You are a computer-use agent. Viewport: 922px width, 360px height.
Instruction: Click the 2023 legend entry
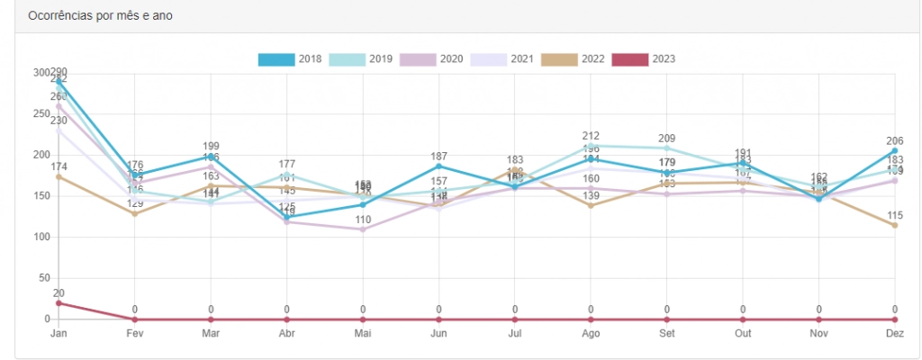click(644, 59)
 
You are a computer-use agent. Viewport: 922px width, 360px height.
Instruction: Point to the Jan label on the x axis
click(59, 333)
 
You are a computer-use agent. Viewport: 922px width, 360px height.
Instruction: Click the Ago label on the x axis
click(591, 333)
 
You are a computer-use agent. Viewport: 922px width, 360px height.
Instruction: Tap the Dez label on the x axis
click(894, 333)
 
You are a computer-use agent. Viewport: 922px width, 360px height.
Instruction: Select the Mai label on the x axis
click(363, 333)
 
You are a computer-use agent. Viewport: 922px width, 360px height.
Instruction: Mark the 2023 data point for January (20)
click(59, 303)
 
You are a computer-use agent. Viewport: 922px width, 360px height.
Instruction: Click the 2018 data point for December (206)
click(895, 151)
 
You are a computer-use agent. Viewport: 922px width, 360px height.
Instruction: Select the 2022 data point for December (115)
click(895, 225)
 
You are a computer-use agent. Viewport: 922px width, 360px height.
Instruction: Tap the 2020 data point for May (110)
click(363, 229)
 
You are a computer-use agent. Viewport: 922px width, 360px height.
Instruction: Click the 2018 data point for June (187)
click(438, 166)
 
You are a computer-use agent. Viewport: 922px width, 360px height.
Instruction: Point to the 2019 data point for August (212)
click(591, 146)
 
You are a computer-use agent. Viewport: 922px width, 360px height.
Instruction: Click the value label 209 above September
click(667, 139)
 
